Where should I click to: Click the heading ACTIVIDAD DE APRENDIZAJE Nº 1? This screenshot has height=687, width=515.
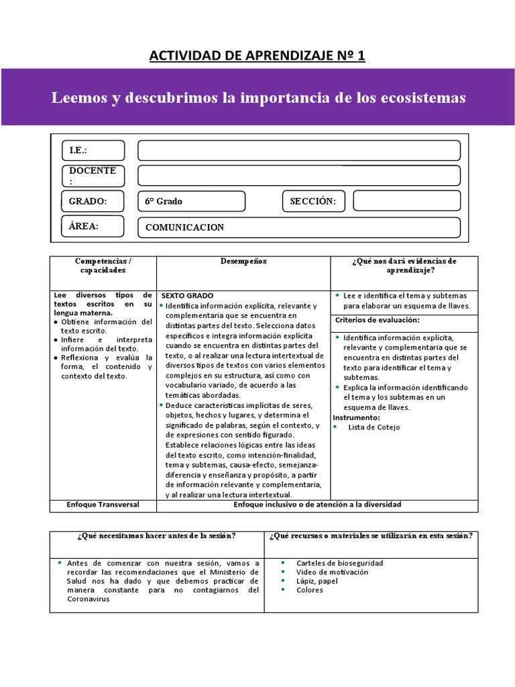click(x=257, y=55)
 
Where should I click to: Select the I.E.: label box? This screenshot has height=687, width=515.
click(x=93, y=150)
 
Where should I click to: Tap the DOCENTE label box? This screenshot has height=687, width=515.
click(x=93, y=176)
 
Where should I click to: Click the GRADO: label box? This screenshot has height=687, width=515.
click(x=93, y=201)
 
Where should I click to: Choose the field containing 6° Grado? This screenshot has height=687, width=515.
click(x=192, y=201)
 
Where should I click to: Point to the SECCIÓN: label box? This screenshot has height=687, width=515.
click(x=313, y=201)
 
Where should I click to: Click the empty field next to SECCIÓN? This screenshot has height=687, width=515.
click(x=406, y=201)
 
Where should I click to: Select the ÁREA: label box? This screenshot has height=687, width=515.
click(x=93, y=226)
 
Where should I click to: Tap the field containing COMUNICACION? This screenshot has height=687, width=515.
click(x=298, y=227)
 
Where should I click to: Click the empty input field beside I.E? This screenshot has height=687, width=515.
click(x=298, y=150)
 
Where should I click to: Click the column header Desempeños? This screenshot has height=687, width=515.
click(x=243, y=261)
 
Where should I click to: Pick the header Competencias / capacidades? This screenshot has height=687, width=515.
click(x=103, y=265)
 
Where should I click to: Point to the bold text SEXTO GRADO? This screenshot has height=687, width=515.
click(x=187, y=295)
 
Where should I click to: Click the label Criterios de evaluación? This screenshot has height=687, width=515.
click(x=377, y=320)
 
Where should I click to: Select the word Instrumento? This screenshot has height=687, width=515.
click(x=357, y=417)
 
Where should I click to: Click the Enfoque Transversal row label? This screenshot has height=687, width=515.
click(x=103, y=505)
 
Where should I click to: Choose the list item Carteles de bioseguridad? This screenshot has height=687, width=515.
click(x=339, y=563)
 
